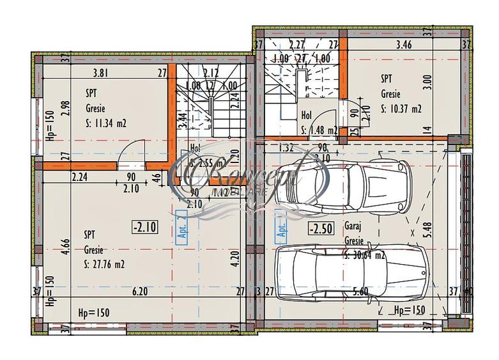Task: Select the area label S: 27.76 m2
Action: (x=104, y=263)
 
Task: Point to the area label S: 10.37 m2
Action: (x=401, y=109)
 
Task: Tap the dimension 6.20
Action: (x=140, y=292)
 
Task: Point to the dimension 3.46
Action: (x=404, y=45)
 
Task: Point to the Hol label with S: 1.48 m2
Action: (x=307, y=116)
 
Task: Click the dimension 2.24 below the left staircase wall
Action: (x=80, y=178)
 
